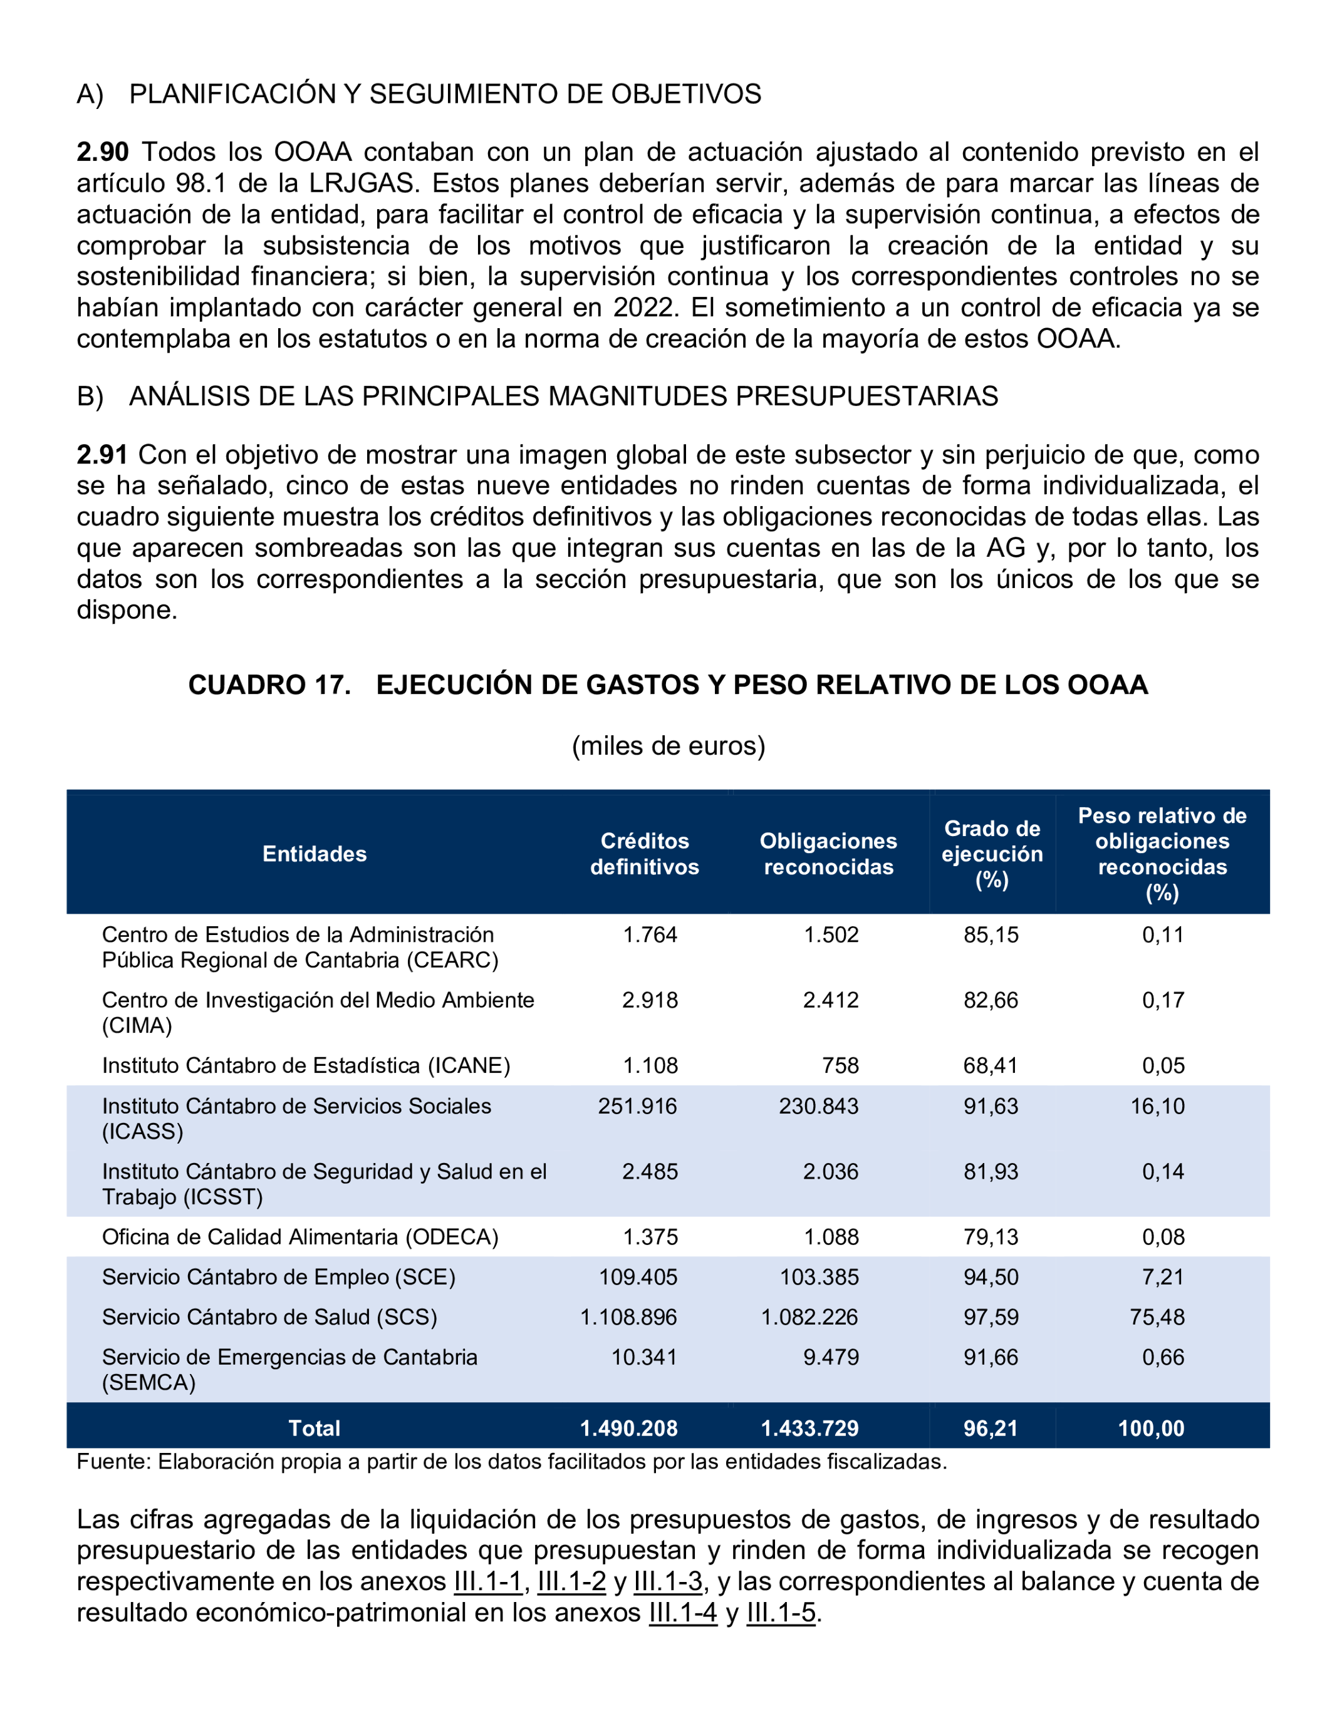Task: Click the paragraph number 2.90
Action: [x=103, y=152]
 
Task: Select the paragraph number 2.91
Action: [x=102, y=455]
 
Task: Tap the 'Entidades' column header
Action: [x=314, y=854]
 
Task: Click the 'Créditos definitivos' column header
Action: [x=644, y=854]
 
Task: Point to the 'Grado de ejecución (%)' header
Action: [x=992, y=854]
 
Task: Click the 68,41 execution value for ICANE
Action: [x=991, y=1065]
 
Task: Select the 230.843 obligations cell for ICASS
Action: [x=818, y=1106]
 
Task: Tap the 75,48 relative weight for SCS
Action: [x=1157, y=1317]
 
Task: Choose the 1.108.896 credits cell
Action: [x=628, y=1317]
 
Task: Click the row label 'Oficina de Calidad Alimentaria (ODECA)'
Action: [x=300, y=1237]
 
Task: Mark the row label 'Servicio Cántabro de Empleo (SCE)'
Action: [x=279, y=1277]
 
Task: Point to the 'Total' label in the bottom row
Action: [x=314, y=1428]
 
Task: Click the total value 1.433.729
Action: [x=809, y=1428]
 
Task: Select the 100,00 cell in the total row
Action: [x=1151, y=1428]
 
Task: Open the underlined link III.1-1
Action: [x=488, y=1582]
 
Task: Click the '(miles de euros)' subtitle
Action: [x=669, y=746]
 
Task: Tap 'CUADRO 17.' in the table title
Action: [x=269, y=685]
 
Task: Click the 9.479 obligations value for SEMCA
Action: [x=831, y=1357]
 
